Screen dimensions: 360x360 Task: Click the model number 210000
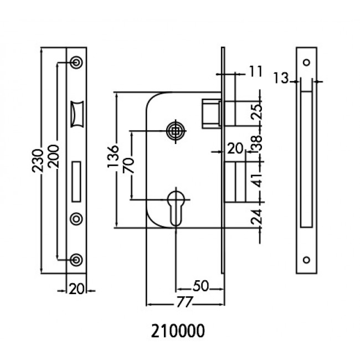tap(178, 331)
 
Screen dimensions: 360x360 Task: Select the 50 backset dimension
tap(200, 286)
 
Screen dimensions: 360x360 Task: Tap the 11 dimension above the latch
tap(255, 71)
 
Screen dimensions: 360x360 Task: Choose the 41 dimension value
tap(256, 181)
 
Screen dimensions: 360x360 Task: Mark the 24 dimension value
tap(256, 217)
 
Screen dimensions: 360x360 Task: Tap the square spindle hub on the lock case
tap(176, 131)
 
